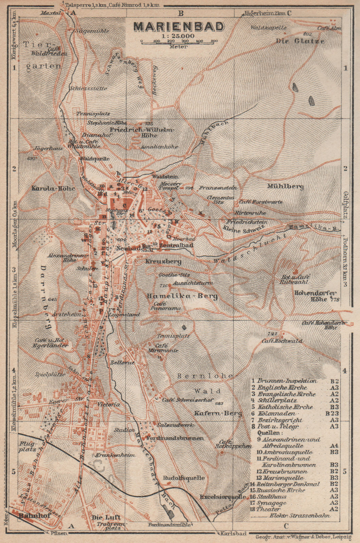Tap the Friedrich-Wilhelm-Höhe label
(142, 132)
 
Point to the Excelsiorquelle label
(223, 497)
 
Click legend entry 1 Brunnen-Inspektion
(287, 381)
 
